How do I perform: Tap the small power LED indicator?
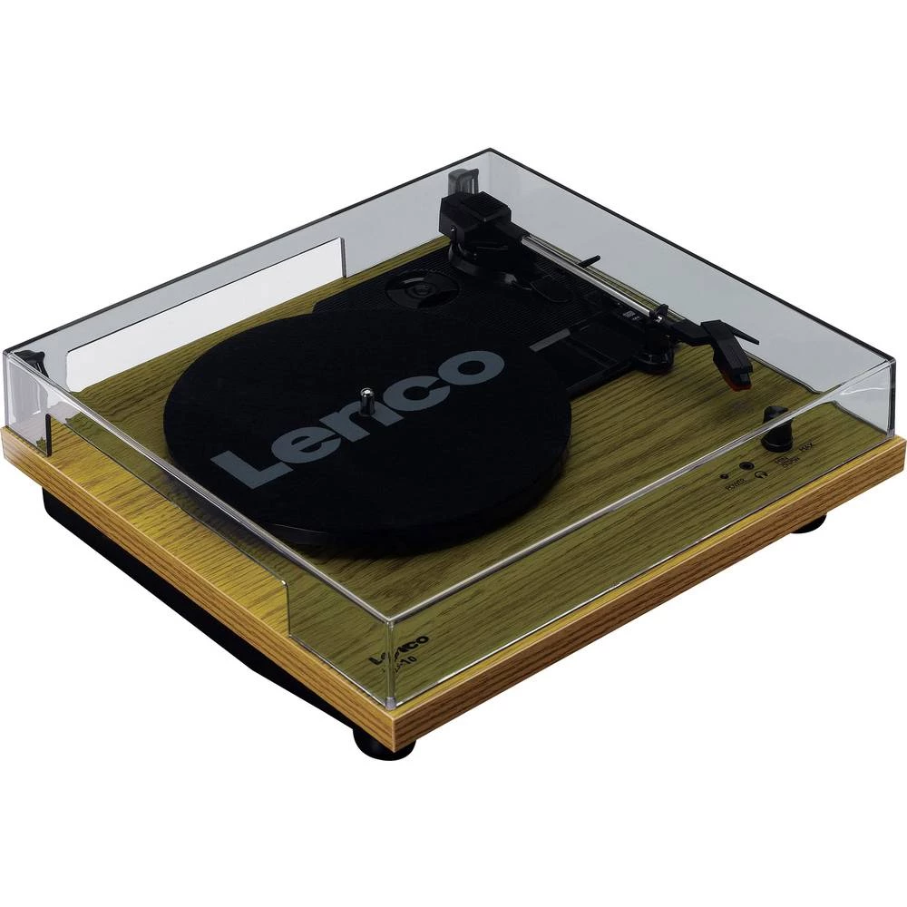point(724,474)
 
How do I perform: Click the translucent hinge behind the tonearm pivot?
point(463,174)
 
